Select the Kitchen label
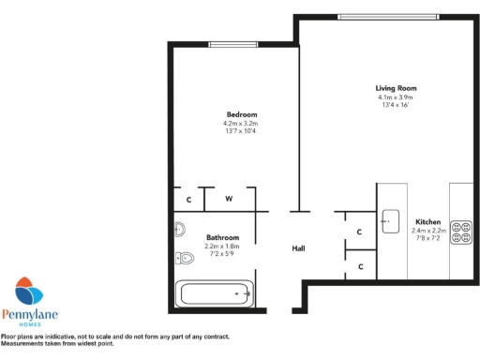tap(429, 222)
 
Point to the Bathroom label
tap(222, 238)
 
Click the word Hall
tap(299, 248)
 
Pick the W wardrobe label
tap(228, 200)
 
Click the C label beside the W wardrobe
tap(188, 200)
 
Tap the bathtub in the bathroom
tap(217, 293)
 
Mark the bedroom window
tap(234, 43)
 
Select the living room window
tap(387, 15)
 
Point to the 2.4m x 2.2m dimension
tap(429, 231)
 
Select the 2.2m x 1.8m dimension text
tap(222, 247)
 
